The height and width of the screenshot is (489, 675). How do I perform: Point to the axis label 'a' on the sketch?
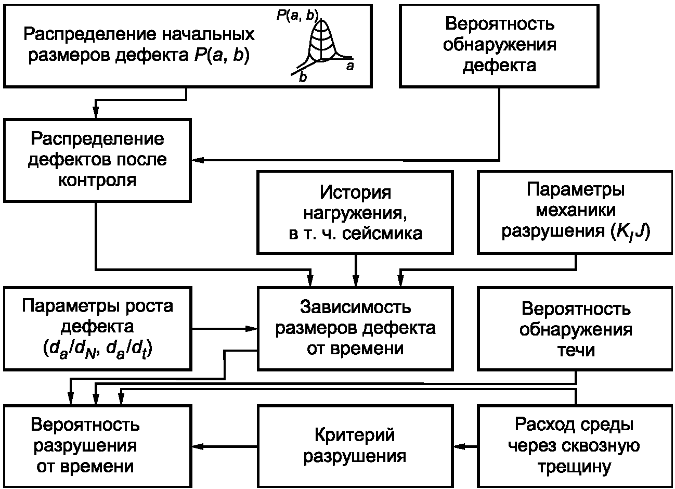(x=349, y=66)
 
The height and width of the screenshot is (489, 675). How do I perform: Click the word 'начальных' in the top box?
(x=209, y=34)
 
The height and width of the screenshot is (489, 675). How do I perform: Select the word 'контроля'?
(x=97, y=181)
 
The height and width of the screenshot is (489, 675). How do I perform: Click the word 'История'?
(x=355, y=192)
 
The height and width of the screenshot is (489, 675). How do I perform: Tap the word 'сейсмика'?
(x=382, y=234)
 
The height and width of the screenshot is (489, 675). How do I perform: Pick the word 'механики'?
(x=576, y=210)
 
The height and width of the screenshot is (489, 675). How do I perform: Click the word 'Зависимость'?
(x=355, y=307)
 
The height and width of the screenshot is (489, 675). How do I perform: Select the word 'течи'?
(x=576, y=350)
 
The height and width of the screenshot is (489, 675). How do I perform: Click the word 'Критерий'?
(x=355, y=435)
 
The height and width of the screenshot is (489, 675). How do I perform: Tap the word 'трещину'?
(x=574, y=467)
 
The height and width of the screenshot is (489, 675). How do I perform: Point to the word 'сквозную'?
(x=601, y=446)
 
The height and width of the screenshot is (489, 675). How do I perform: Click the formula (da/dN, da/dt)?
(x=97, y=350)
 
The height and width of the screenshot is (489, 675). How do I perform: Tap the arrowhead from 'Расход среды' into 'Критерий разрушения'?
(x=459, y=446)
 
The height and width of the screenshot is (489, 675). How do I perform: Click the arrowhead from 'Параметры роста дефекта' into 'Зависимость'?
(x=251, y=329)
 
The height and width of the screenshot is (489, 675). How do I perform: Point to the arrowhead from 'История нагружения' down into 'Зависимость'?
(x=356, y=281)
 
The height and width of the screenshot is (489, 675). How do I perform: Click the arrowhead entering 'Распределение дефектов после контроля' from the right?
(x=198, y=160)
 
